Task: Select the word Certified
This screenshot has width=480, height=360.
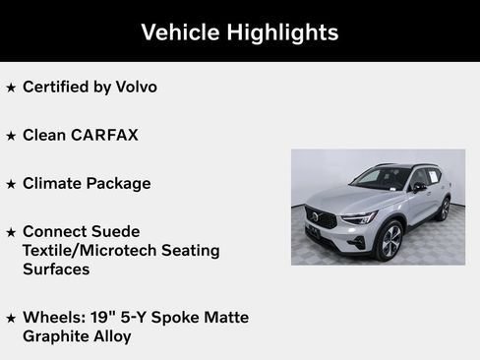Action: click(x=58, y=87)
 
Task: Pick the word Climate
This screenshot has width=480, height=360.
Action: click(x=52, y=183)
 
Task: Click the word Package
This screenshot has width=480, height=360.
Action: click(x=119, y=183)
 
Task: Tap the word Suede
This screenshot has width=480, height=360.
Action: click(x=113, y=231)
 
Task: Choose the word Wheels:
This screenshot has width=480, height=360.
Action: click(x=54, y=317)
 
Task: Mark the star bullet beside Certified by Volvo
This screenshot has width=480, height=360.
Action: click(x=11, y=88)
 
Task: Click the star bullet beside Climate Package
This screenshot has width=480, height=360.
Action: click(x=11, y=184)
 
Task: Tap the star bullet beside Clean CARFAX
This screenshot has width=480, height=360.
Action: click(x=11, y=136)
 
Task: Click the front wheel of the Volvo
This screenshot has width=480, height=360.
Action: click(x=390, y=240)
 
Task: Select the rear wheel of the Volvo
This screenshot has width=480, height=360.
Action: click(x=445, y=209)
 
